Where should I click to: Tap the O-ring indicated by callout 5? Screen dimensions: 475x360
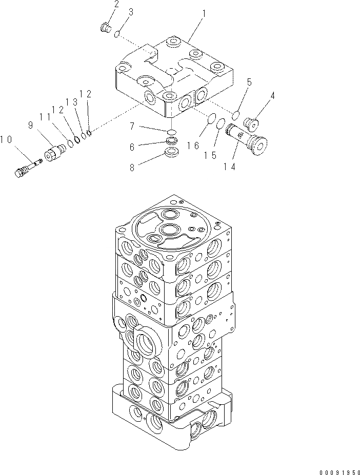(236, 113)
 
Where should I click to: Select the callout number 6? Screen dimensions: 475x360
(132, 147)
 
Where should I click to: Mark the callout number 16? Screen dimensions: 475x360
(193, 146)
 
